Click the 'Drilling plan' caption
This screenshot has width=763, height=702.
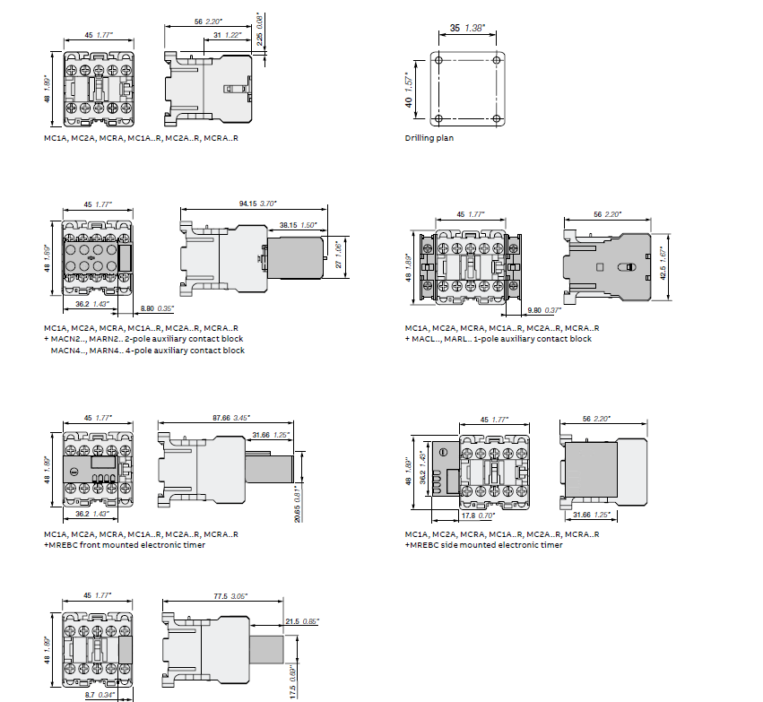click(429, 139)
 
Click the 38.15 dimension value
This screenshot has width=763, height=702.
click(288, 224)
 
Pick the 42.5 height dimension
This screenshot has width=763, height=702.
click(663, 256)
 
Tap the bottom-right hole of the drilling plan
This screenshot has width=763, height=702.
click(499, 119)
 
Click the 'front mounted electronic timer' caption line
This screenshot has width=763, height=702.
click(125, 545)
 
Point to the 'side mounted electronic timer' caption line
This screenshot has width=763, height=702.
click(484, 545)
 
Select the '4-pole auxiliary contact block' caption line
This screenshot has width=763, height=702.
click(147, 351)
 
